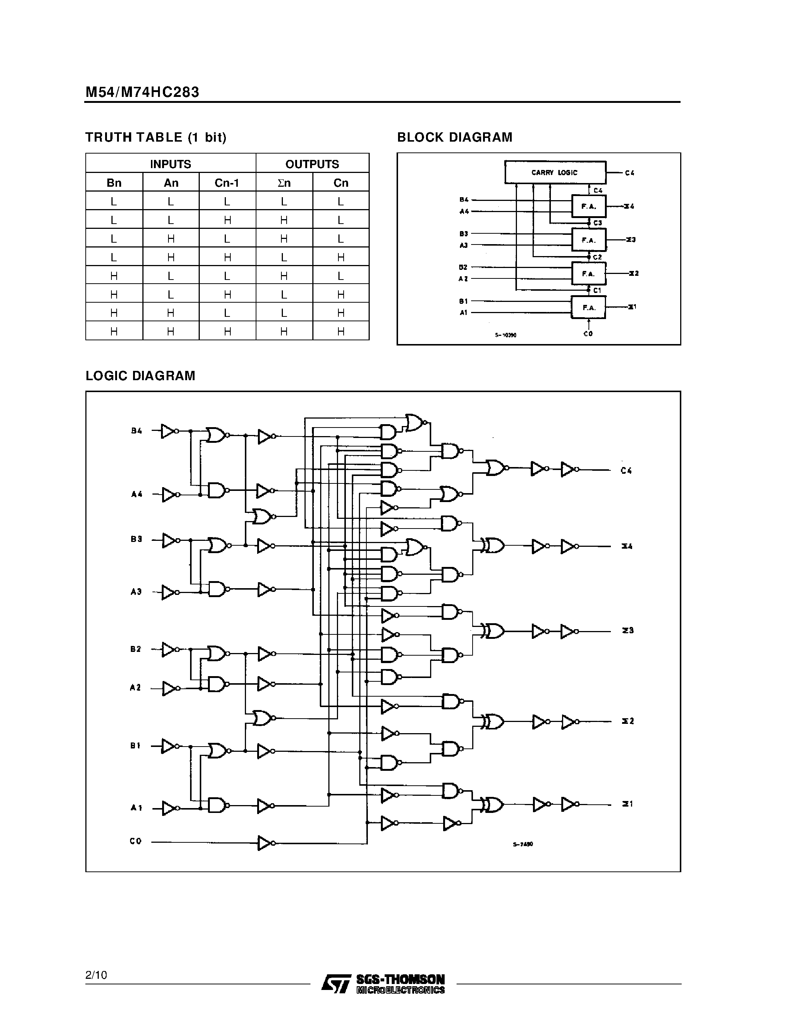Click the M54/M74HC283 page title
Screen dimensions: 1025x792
142,92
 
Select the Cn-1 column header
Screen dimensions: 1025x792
227,183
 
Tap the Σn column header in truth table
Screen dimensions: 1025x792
284,183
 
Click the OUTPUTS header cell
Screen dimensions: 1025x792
312,164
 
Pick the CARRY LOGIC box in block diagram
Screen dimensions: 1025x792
555,172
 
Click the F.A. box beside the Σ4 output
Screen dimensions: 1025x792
589,206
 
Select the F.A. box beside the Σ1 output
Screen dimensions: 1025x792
589,307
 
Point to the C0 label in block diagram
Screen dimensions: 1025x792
588,334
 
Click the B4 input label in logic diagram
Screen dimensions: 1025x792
136,431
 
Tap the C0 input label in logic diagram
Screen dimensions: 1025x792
136,841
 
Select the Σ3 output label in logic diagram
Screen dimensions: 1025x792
628,630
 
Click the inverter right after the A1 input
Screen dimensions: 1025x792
169,808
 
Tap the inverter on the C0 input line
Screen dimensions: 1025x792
266,843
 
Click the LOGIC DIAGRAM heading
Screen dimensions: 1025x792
140,376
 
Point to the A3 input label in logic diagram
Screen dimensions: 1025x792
136,592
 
